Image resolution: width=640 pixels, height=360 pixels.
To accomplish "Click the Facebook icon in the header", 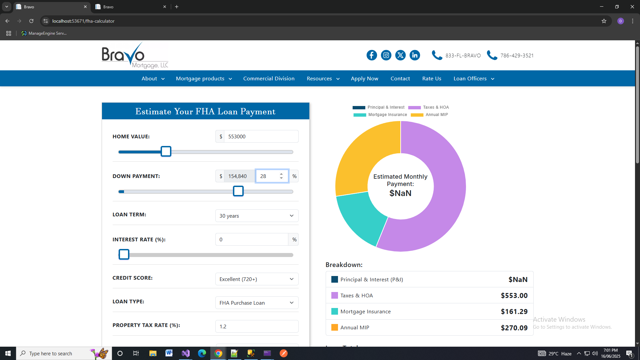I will coord(372,55).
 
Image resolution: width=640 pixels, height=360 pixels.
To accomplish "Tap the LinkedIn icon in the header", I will coord(415,55).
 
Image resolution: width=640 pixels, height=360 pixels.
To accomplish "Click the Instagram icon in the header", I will coord(386,55).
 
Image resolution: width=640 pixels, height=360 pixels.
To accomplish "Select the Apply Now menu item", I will coord(364,79).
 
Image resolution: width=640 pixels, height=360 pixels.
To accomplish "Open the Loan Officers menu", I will coord(474,79).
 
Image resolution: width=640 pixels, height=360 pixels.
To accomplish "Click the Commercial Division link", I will coord(269,79).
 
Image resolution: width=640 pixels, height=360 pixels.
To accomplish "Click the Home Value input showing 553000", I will coord(261,137).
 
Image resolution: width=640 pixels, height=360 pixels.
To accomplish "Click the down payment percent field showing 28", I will coord(268,176).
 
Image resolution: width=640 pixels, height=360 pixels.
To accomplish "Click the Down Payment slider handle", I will coord(238,191).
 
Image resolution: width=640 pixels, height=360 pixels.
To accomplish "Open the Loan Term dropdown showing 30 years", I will coord(257,216).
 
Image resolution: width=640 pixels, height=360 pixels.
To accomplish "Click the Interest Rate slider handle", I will coord(124,255).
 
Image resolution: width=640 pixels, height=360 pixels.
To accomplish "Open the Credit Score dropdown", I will coord(257,279).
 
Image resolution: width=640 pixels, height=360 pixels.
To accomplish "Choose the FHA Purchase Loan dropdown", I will coord(257,303).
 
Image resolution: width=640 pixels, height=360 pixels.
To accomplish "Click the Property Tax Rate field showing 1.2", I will coord(257,327).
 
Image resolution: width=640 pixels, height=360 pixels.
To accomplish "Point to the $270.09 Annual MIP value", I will coord(514,328).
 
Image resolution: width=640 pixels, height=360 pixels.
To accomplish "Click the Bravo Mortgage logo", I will coord(135,56).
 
